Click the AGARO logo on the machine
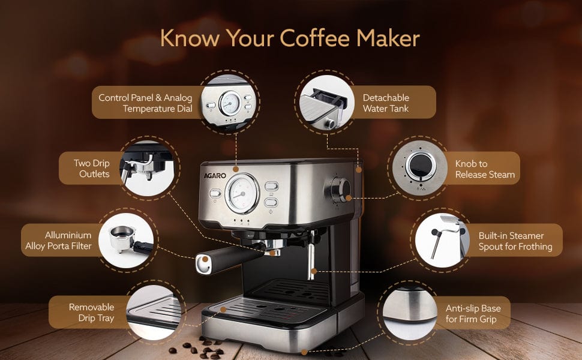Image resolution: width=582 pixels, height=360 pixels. tap(215, 176)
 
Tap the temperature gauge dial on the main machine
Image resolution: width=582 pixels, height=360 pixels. tap(242, 193)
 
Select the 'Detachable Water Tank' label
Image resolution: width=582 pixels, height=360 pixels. tap(386, 103)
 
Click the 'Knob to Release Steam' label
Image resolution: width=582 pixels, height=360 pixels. tap(485, 169)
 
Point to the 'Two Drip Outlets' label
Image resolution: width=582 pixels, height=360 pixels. tap(92, 168)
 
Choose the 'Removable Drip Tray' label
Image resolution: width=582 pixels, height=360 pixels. tap(91, 312)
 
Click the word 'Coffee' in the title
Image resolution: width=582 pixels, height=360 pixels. tap(315, 38)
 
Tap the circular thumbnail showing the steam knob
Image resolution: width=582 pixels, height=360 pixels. tap(420, 168)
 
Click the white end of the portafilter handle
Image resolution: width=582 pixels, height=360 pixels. tap(204, 264)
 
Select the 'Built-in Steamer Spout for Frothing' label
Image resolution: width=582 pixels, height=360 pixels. tap(515, 241)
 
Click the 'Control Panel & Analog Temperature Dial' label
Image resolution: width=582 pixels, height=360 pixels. tap(145, 103)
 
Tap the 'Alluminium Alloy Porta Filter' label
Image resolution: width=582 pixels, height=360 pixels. tap(58, 240)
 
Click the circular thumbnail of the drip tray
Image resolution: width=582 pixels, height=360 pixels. tap(154, 313)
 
